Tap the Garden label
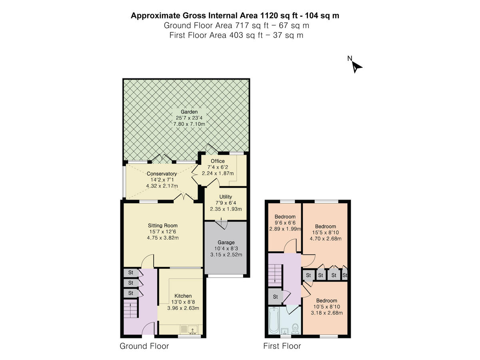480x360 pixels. (x=189, y=112)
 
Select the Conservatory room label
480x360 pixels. (x=162, y=174)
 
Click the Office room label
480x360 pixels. (x=218, y=161)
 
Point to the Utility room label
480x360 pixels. (x=226, y=197)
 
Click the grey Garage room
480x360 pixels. (x=226, y=256)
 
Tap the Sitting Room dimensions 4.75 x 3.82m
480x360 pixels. (x=162, y=238)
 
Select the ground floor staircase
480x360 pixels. (x=131, y=310)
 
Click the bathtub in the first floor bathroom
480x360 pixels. (x=274, y=320)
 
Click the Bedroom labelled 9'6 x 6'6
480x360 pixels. (x=285, y=217)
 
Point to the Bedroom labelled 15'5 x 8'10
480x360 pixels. (x=326, y=226)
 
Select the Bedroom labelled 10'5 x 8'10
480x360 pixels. (x=326, y=301)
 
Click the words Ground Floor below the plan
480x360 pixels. (x=144, y=346)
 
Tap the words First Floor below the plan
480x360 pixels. (x=282, y=346)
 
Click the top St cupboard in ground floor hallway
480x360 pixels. (x=130, y=273)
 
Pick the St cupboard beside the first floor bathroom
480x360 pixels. (x=276, y=297)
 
